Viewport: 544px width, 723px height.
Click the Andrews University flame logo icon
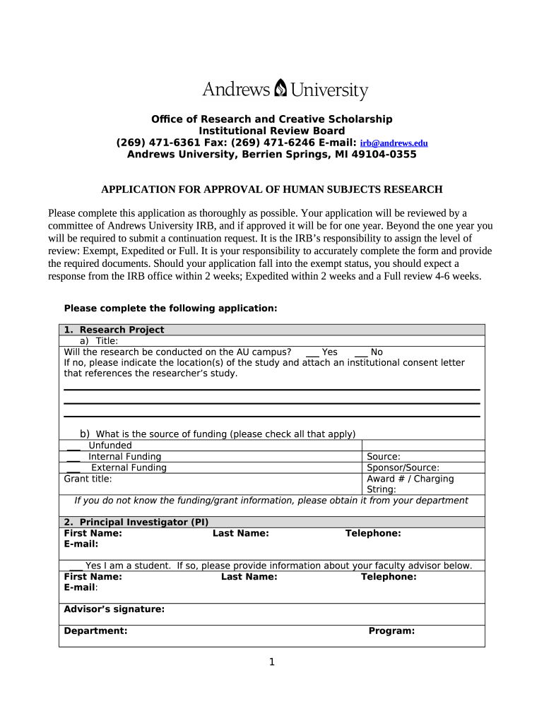coord(280,88)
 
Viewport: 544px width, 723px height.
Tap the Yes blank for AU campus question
coord(312,352)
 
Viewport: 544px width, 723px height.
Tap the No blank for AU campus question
coord(361,352)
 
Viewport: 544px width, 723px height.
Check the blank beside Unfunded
coord(73,446)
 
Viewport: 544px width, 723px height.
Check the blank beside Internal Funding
coord(73,457)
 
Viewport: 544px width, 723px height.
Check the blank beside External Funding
coord(73,467)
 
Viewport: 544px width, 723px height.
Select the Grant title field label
coord(88,479)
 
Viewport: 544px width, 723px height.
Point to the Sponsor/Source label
coord(403,467)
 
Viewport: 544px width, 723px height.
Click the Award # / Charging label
coord(410,479)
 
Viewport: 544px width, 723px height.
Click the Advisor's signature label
coord(114,609)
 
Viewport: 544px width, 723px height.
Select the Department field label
coord(95,631)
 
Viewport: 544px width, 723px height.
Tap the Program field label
coord(391,631)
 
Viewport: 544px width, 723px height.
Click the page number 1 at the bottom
coord(271,662)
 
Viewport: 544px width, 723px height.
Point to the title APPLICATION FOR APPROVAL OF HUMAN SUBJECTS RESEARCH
coord(271,189)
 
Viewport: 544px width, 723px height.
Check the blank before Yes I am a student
coord(76,566)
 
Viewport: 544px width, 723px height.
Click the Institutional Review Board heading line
coord(271,131)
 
